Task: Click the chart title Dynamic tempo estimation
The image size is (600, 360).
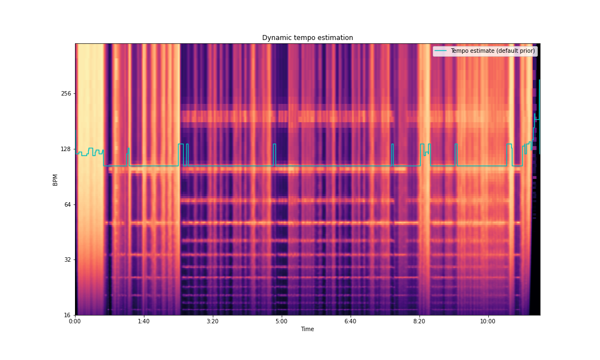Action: tap(307, 38)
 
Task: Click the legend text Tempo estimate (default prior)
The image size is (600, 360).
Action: tap(492, 51)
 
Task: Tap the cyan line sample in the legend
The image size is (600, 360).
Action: tap(441, 51)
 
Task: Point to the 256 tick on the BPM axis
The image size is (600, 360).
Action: tap(66, 93)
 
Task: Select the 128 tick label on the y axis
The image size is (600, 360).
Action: tap(66, 149)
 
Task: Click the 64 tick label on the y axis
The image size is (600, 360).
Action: tap(68, 204)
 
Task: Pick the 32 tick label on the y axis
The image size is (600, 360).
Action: tap(68, 259)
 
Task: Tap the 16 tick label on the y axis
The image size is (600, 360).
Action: tap(68, 315)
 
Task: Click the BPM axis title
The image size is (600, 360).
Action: tap(55, 179)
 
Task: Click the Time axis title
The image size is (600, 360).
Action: tap(307, 329)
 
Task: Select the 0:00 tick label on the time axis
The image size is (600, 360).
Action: tap(75, 321)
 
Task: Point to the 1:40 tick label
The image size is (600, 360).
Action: tap(144, 321)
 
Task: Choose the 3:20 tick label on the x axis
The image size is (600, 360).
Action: tap(213, 321)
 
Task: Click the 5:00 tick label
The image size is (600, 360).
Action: tap(282, 321)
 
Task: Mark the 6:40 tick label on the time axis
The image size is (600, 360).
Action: tap(350, 321)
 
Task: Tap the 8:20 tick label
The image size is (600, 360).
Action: tap(419, 321)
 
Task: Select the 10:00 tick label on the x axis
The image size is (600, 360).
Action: tap(488, 321)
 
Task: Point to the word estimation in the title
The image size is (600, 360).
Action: tap(336, 38)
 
